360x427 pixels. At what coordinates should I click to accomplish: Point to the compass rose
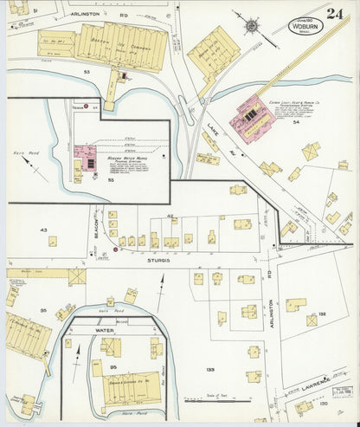pyautogui.click(x=250, y=27)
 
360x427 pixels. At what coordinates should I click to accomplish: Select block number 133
pyautogui.click(x=209, y=369)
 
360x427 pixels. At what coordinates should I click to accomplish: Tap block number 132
pyautogui.click(x=322, y=314)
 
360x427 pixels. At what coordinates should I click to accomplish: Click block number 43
pyautogui.click(x=42, y=229)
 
